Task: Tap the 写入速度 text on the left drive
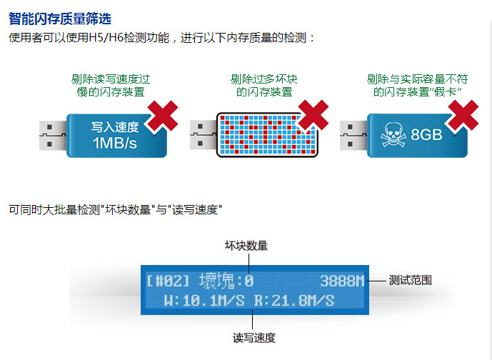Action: (x=115, y=126)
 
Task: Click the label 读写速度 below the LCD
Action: (x=254, y=337)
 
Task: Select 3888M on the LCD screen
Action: (x=341, y=281)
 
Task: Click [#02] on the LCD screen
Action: (x=169, y=281)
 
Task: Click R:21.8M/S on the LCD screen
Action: (x=294, y=300)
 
